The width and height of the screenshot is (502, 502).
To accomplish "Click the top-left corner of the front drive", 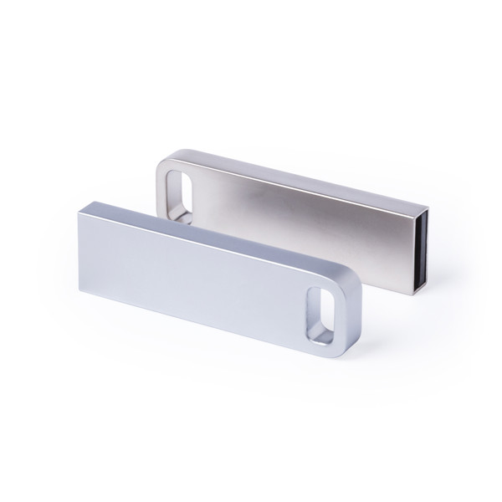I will pyautogui.click(x=82, y=204).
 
